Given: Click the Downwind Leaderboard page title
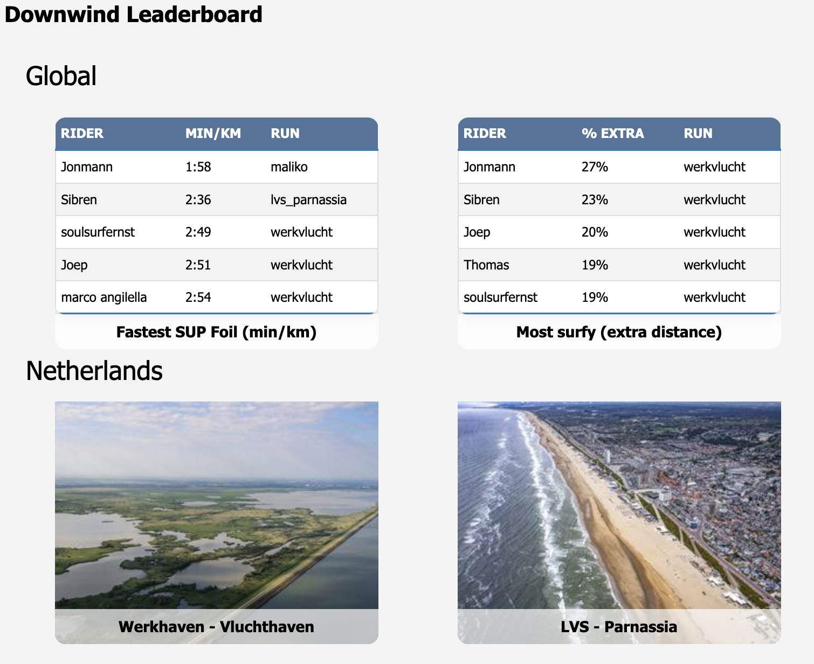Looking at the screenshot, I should tap(133, 15).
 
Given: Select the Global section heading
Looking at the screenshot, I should tap(61, 76).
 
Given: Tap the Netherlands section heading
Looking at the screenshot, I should tap(94, 371).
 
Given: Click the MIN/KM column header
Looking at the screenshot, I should tap(213, 134).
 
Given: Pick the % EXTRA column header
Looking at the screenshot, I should tap(612, 134).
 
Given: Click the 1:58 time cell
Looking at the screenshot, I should tap(198, 167).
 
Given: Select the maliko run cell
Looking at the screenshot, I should tap(289, 167).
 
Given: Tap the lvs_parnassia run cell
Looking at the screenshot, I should tap(308, 200).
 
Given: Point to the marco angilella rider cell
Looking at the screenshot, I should tap(104, 298).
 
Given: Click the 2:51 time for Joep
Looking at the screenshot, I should tap(198, 265).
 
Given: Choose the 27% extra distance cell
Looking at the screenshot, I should tap(595, 167).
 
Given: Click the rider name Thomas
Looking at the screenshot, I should tap(486, 265).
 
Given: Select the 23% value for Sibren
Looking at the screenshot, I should tap(595, 200).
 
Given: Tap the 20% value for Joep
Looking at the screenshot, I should tap(595, 232).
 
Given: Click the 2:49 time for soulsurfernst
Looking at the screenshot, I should tap(198, 232).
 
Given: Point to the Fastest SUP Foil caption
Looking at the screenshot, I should tap(216, 332).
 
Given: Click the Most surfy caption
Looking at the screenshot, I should tap(619, 332).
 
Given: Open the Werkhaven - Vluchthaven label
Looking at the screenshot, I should tap(216, 627).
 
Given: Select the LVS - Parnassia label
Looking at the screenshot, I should tap(619, 627).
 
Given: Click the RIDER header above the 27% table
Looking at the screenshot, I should tap(485, 134).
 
